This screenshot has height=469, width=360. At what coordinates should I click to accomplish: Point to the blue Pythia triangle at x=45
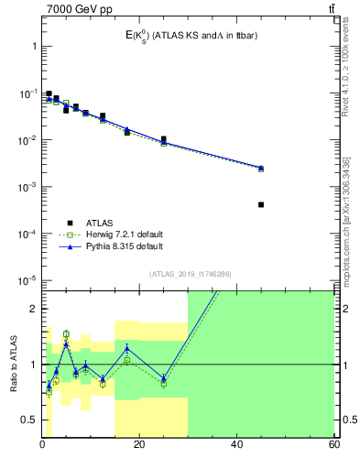[x=261, y=168]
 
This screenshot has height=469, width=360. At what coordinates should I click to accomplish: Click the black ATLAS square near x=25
[x=163, y=139]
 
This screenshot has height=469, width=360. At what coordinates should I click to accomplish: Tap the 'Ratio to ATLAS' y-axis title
[x=13, y=364]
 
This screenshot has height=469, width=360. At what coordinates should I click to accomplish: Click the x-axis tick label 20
[x=139, y=444]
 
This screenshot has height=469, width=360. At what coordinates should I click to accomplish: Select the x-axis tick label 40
[x=236, y=444]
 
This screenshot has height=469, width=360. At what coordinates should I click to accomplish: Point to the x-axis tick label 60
[x=333, y=444]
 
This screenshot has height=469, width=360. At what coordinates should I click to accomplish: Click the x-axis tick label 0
[x=42, y=444]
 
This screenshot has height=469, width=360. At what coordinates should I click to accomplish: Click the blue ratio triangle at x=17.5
[x=127, y=348]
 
